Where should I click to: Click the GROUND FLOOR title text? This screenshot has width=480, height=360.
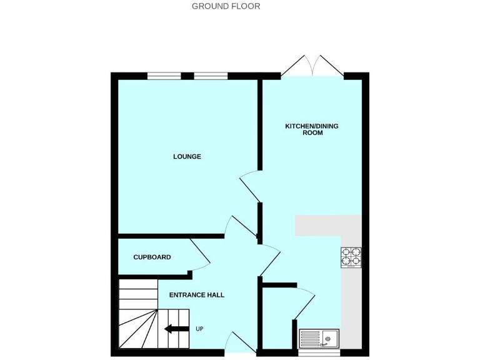click(x=226, y=6)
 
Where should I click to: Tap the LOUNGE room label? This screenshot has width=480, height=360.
click(x=187, y=156)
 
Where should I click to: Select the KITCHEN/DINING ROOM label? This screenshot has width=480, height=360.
click(x=312, y=129)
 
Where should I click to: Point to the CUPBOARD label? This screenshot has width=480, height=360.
click(x=152, y=257)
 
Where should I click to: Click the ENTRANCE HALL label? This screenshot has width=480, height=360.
click(x=197, y=295)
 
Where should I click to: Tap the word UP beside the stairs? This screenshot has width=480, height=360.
click(x=199, y=329)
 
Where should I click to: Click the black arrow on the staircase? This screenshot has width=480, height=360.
click(x=176, y=329)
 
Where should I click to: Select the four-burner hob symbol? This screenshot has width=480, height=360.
click(x=351, y=257)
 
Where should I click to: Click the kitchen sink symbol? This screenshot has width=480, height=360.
click(x=319, y=338)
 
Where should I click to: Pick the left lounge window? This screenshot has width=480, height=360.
click(x=164, y=76)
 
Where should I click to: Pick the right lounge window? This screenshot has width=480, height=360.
click(x=211, y=76)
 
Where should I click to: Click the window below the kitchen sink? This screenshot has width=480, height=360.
click(x=319, y=352)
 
